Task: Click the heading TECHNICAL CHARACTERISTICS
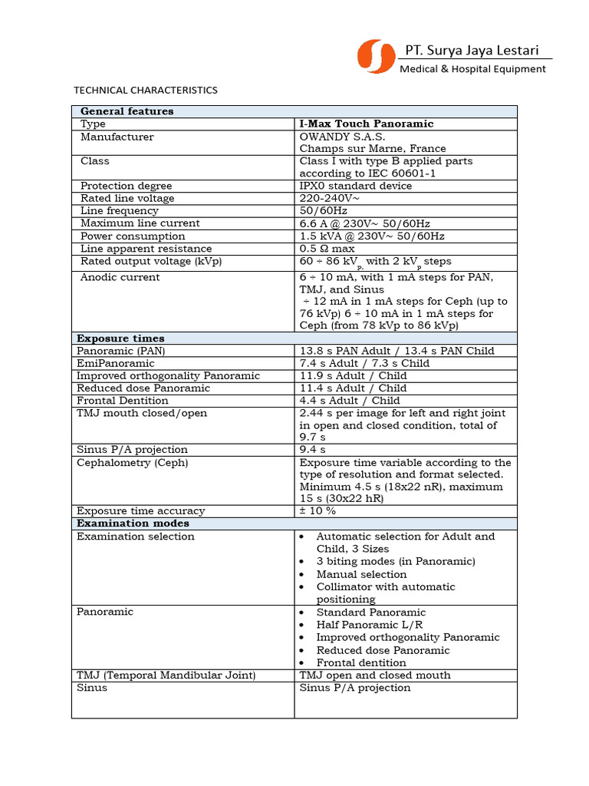point(146,90)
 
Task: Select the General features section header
point(127,111)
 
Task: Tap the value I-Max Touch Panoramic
point(367,124)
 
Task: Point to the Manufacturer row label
point(117,137)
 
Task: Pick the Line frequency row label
point(120,210)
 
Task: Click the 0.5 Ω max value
point(327,249)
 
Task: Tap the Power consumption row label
point(133,236)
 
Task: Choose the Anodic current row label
point(120,277)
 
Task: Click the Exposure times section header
point(120,339)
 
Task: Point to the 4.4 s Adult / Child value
point(350,400)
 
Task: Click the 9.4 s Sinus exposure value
point(313,449)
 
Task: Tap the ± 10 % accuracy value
point(318,510)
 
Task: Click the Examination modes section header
point(133,523)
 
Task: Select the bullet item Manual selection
point(361,574)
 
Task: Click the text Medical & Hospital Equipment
point(472,69)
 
